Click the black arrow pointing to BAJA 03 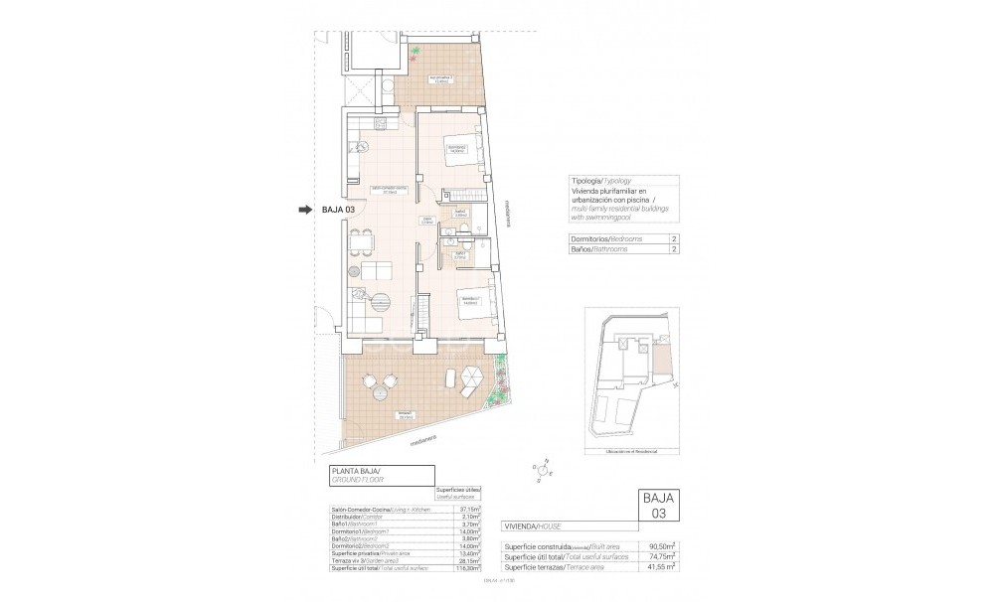(x=305, y=210)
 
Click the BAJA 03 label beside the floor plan (x=339, y=210)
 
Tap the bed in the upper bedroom (x=461, y=151)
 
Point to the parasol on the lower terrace (x=471, y=376)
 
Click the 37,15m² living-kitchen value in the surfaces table (x=471, y=509)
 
